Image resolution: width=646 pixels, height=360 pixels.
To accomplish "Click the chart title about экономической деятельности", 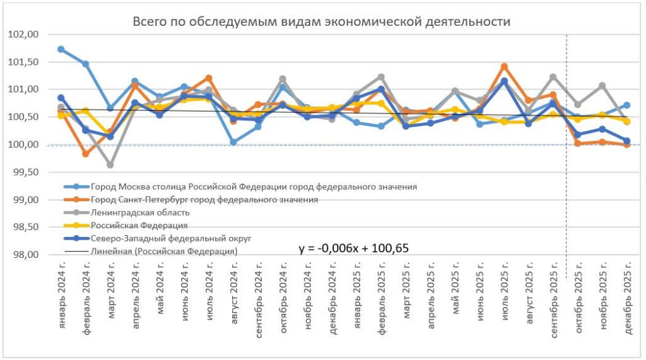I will [321, 21].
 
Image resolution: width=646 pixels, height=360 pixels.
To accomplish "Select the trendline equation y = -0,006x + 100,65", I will [354, 248].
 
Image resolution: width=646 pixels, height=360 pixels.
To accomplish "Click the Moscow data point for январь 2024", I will [61, 49].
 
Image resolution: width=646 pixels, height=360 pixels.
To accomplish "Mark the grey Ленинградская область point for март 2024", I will [110, 165].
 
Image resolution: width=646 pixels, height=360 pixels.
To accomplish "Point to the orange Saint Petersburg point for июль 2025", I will [504, 66].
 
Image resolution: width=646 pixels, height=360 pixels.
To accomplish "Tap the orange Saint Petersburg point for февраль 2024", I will [86, 153].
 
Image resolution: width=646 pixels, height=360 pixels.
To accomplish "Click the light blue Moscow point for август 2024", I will [233, 142].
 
